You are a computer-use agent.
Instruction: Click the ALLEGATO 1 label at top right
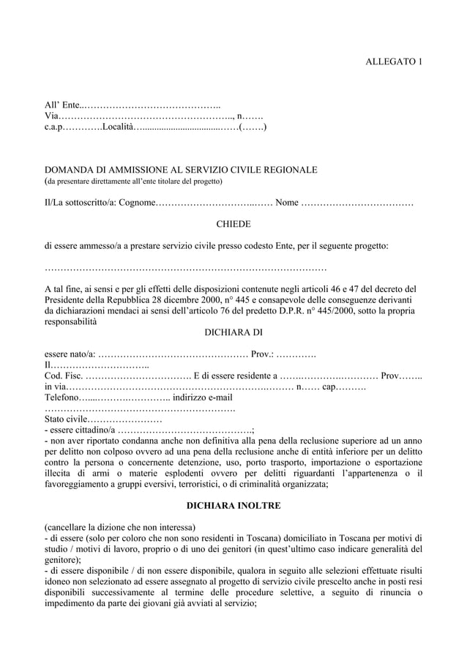point(393,62)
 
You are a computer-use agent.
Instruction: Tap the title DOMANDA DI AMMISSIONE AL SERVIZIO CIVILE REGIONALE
point(181,170)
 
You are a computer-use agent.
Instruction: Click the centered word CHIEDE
point(233,223)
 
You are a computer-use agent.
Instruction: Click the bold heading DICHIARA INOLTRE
point(233,506)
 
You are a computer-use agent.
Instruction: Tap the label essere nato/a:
point(70,354)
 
